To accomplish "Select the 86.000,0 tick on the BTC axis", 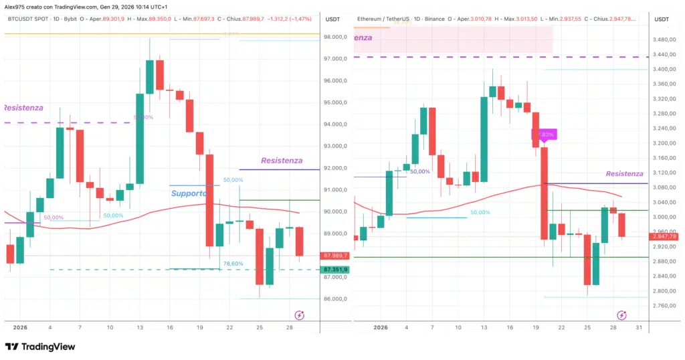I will pyautogui.click(x=336, y=299).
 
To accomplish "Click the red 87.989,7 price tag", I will pyautogui.click(x=335, y=256).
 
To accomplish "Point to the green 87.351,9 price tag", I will pyautogui.click(x=335, y=269).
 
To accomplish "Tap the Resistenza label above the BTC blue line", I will pyautogui.click(x=282, y=161).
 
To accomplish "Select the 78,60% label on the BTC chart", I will pyautogui.click(x=233, y=264).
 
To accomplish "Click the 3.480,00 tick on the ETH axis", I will pyautogui.click(x=662, y=39).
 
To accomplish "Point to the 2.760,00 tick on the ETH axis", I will pyautogui.click(x=662, y=306).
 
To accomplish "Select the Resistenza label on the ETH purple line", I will pyautogui.click(x=624, y=174).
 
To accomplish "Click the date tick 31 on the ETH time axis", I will pyautogui.click(x=639, y=327).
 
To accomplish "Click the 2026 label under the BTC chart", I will pyautogui.click(x=20, y=327).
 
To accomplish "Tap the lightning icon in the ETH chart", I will pyautogui.click(x=621, y=315).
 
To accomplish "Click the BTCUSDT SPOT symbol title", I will pyautogui.click(x=29, y=19).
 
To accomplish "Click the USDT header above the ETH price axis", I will pyautogui.click(x=662, y=19).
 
